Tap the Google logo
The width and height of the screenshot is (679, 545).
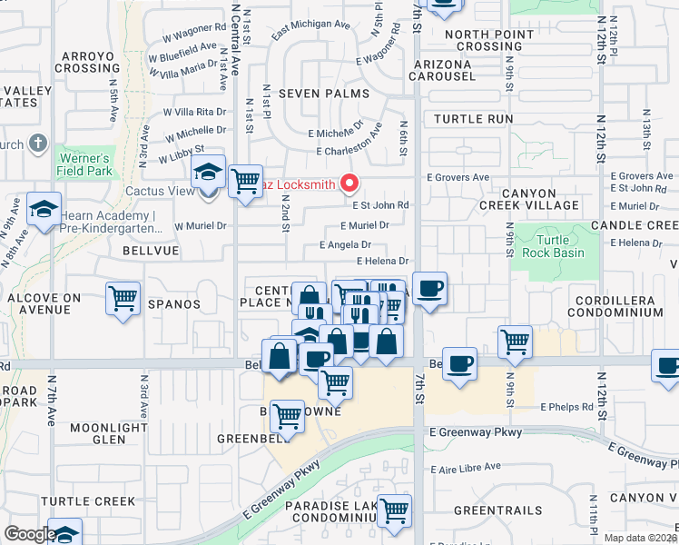pyautogui.click(x=30, y=534)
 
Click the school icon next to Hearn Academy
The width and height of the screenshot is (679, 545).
pyautogui.click(x=44, y=210)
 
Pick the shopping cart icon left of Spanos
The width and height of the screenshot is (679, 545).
pyautogui.click(x=123, y=298)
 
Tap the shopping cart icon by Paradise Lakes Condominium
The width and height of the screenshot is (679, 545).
pyautogui.click(x=395, y=511)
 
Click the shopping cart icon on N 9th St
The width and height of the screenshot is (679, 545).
pyautogui.click(x=515, y=342)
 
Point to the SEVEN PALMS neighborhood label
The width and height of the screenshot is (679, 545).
pyautogui.click(x=324, y=94)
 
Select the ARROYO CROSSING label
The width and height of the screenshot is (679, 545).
pyautogui.click(x=88, y=63)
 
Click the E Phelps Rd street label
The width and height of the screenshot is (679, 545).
pyautogui.click(x=566, y=407)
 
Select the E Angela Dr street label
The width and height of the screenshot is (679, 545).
pyautogui.click(x=345, y=244)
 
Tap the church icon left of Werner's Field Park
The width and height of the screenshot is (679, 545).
pyautogui.click(x=37, y=144)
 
